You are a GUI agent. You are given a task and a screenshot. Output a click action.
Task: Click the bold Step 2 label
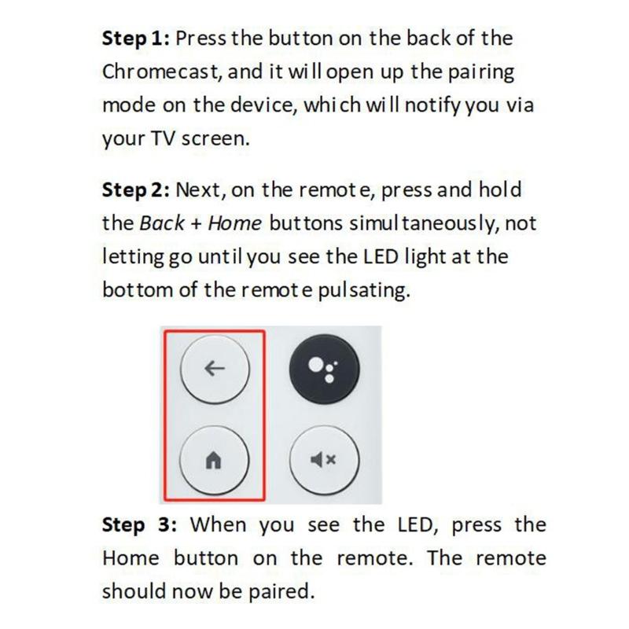[x=135, y=190]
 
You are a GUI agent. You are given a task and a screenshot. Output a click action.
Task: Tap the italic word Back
[x=161, y=223]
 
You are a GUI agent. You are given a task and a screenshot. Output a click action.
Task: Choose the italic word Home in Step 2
[x=235, y=223]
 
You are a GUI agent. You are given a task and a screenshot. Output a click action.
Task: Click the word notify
[x=429, y=105]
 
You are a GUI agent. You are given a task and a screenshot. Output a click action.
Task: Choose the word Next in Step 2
[x=198, y=190]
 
